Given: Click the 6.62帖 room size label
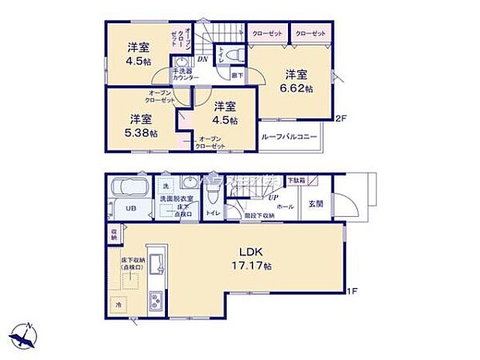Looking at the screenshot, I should pos(298,89).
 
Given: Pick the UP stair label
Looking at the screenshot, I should pos(273,197).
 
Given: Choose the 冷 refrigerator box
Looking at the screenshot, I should pos(120,306).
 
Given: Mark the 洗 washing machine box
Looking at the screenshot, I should pos(165,187).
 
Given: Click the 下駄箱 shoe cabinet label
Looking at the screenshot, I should pos(295,180).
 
